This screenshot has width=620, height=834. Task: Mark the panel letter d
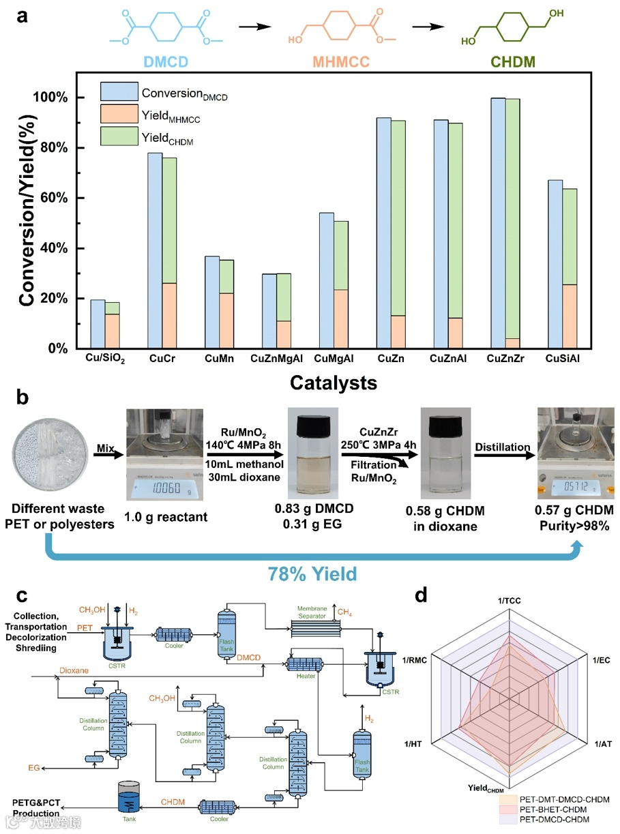(422, 595)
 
